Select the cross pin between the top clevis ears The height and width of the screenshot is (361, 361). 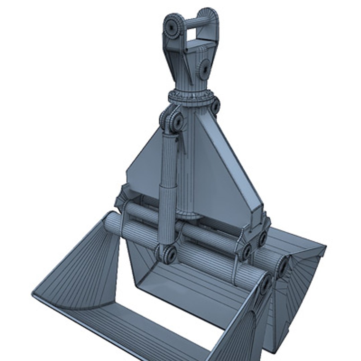197,23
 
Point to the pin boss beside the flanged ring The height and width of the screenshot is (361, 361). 215,106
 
